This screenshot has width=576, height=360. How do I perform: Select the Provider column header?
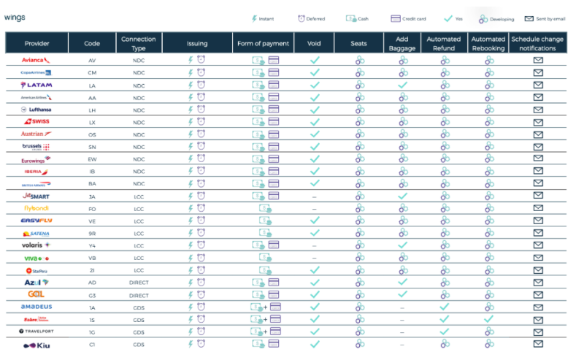[37, 44]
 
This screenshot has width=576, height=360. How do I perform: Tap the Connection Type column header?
[138, 43]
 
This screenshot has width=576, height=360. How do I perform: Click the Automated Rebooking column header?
[488, 43]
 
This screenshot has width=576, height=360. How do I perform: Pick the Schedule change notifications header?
[538, 43]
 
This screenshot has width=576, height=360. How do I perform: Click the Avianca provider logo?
[36, 61]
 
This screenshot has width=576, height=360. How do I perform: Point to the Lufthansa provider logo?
[36, 109]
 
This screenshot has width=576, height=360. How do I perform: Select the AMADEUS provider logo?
[36, 307]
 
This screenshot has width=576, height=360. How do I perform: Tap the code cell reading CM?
[92, 72]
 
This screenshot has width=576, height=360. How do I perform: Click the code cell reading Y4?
[92, 245]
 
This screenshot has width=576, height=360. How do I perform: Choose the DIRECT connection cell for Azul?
[138, 283]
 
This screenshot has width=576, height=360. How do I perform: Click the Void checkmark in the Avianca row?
[315, 61]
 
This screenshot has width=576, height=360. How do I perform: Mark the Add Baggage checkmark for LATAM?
[402, 85]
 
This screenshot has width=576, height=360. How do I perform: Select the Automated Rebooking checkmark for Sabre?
[488, 319]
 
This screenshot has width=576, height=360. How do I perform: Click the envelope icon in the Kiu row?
[538, 343]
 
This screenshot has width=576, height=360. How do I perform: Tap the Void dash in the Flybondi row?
[315, 208]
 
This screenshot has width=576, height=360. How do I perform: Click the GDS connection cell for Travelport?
[138, 332]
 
